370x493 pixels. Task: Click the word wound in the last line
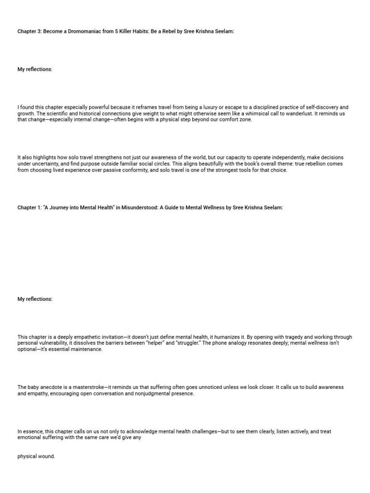[x=47, y=456]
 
